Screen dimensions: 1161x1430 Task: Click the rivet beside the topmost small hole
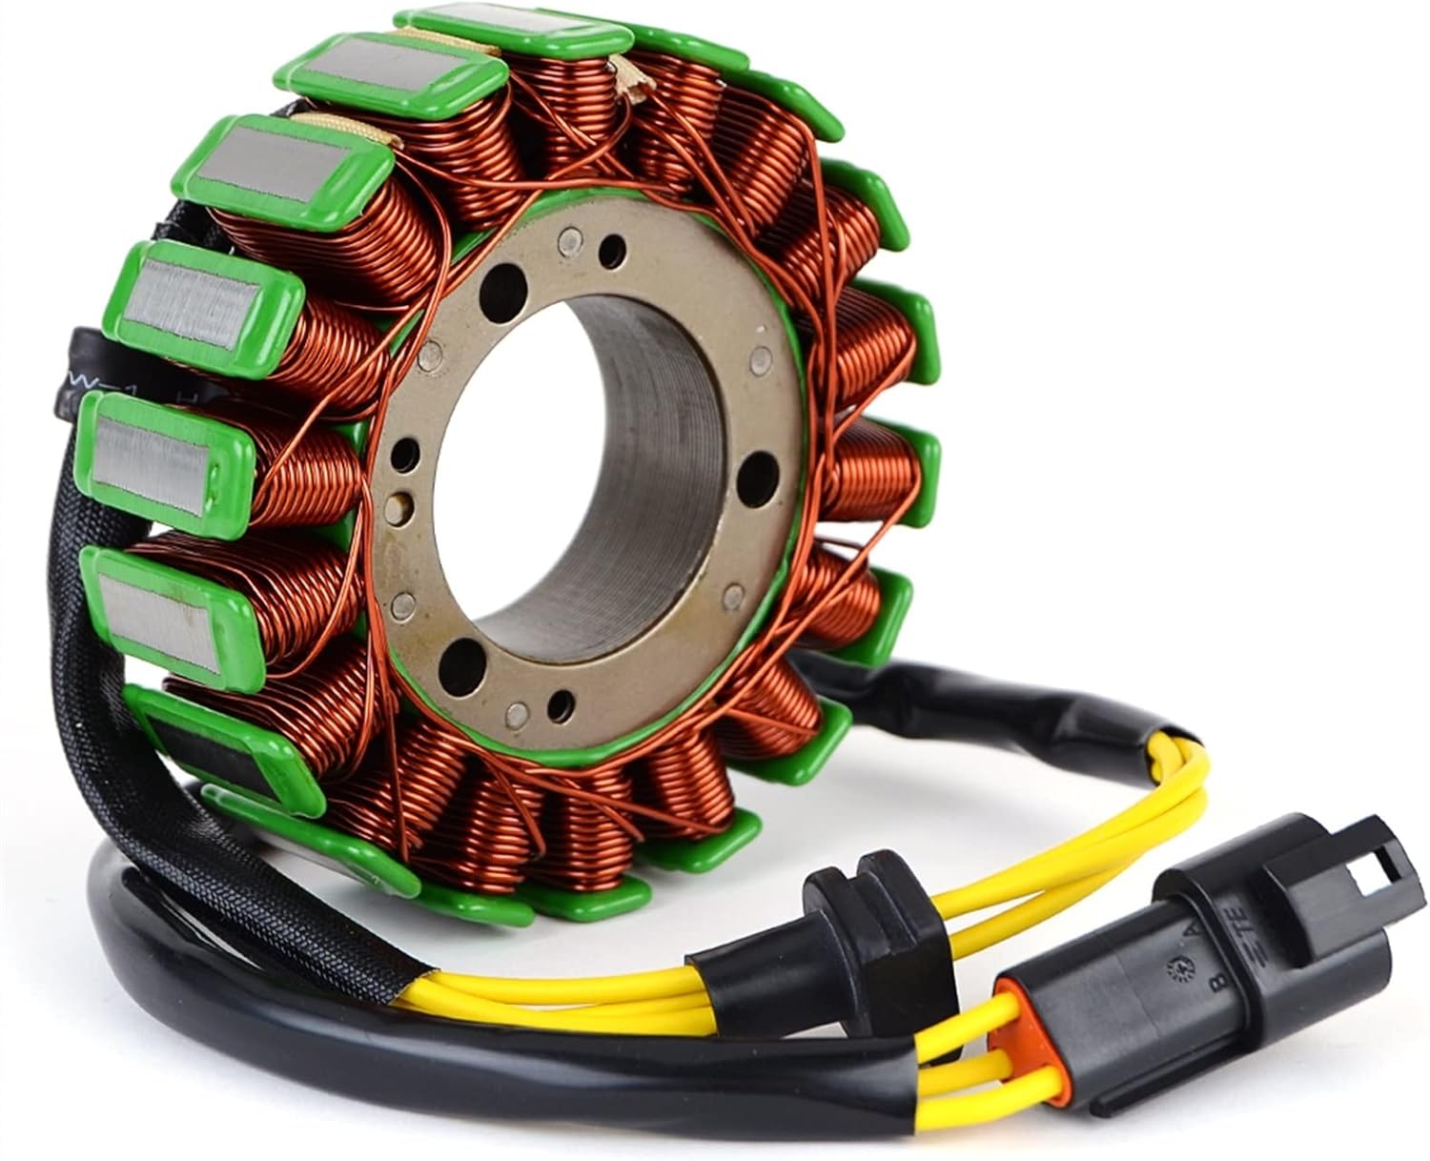[x=569, y=238]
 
